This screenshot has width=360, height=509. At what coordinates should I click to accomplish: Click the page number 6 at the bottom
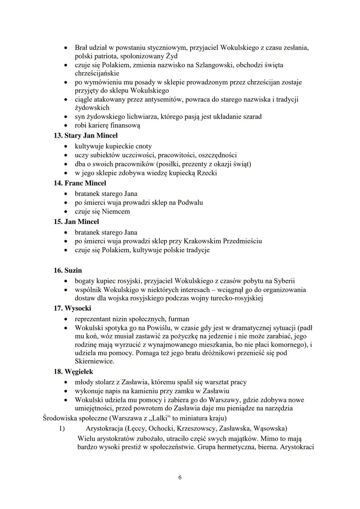click(x=180, y=477)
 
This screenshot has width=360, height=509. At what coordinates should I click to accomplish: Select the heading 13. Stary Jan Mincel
click(x=86, y=136)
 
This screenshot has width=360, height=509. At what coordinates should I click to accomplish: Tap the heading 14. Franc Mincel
click(x=80, y=183)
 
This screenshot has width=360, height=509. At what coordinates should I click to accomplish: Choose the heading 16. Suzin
click(x=68, y=270)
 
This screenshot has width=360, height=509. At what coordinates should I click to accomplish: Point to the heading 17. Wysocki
click(x=72, y=308)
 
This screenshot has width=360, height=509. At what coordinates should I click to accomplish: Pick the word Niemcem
click(x=116, y=212)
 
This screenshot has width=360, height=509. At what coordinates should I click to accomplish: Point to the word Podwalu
click(x=190, y=203)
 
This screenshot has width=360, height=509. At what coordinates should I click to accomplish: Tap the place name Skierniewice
click(x=94, y=361)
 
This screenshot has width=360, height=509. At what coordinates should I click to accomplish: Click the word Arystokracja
click(x=104, y=428)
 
